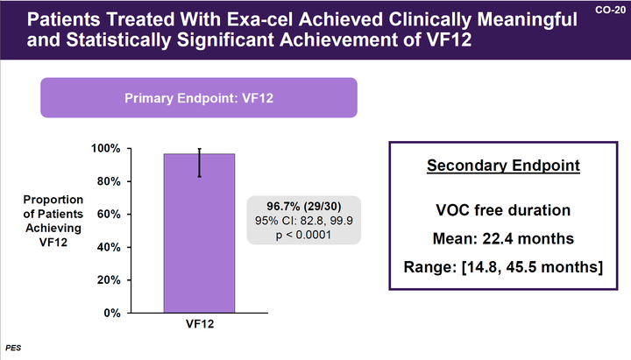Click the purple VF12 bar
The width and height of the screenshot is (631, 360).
[x=199, y=236]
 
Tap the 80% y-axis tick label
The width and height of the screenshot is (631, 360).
[x=109, y=181]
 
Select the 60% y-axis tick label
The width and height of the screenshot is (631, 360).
[x=109, y=214]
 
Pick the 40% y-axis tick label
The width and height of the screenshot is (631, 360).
[x=109, y=247]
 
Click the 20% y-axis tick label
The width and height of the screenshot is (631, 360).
[x=109, y=279]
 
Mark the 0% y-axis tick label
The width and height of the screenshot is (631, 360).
[x=112, y=313]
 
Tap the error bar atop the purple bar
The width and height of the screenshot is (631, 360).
[x=199, y=162]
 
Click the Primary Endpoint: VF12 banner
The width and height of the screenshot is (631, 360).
[x=199, y=97]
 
